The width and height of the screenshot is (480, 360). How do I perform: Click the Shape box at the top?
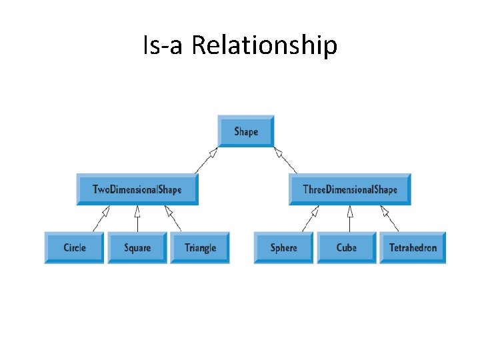tap(246, 131)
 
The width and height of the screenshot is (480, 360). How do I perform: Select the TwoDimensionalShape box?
tap(137, 189)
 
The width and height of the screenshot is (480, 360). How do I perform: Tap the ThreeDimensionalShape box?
tap(350, 189)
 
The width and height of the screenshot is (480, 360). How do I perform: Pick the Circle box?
tap(75, 247)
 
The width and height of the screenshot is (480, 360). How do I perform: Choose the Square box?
tap(137, 247)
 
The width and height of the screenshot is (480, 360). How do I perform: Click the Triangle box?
tap(200, 247)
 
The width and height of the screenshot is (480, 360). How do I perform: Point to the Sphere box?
tap(283, 247)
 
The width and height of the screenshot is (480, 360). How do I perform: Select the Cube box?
tap(346, 247)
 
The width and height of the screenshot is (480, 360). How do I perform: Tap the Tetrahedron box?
tap(413, 247)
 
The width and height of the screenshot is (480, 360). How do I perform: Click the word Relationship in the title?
tap(265, 46)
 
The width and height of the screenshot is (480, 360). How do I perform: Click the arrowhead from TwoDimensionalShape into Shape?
tap(213, 153)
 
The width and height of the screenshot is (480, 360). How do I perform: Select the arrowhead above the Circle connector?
tap(105, 211)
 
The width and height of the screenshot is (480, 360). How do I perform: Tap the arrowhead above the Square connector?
tap(137, 211)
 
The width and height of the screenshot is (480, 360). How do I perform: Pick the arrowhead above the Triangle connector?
tap(169, 211)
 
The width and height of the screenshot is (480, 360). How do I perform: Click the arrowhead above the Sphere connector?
tap(315, 211)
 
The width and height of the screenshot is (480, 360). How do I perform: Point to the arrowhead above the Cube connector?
tap(349, 211)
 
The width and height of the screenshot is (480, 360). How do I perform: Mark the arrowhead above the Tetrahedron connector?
tap(383, 211)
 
